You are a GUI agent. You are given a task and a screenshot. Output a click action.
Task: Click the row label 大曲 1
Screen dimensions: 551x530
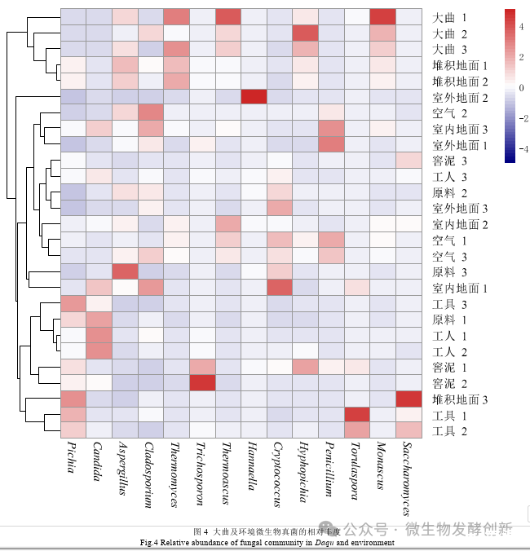click(x=450, y=17)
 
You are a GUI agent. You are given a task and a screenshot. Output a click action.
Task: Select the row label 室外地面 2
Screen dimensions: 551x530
click(x=460, y=97)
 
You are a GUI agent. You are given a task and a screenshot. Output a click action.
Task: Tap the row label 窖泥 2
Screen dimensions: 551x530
click(x=450, y=383)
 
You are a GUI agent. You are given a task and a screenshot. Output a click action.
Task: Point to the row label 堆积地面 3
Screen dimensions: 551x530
click(x=460, y=399)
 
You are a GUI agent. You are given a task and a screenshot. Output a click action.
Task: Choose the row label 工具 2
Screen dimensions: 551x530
click(x=450, y=430)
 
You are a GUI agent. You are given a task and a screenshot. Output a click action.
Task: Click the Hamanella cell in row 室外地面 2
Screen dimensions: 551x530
click(x=254, y=97)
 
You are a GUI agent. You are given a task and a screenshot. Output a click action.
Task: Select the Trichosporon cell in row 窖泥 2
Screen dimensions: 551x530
click(x=203, y=383)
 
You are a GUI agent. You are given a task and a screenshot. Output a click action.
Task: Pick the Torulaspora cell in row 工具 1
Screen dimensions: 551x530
click(x=357, y=415)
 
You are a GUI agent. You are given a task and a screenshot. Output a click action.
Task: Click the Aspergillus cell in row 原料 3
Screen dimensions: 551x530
click(x=126, y=271)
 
